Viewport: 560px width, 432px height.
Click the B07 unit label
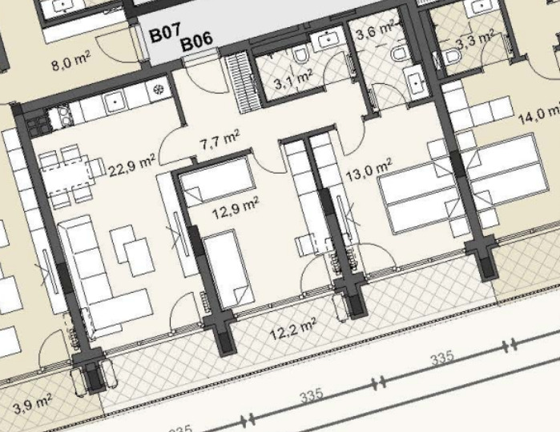165,33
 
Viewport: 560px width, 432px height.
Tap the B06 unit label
197,42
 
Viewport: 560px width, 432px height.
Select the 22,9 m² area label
132,166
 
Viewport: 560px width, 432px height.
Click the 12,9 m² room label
236,208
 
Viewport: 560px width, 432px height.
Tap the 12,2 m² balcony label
293,329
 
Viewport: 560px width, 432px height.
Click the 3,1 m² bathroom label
293,80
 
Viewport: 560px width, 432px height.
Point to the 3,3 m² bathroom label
475,41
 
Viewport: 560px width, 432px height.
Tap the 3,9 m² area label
33,403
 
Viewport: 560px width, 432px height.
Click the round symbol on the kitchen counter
158,89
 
